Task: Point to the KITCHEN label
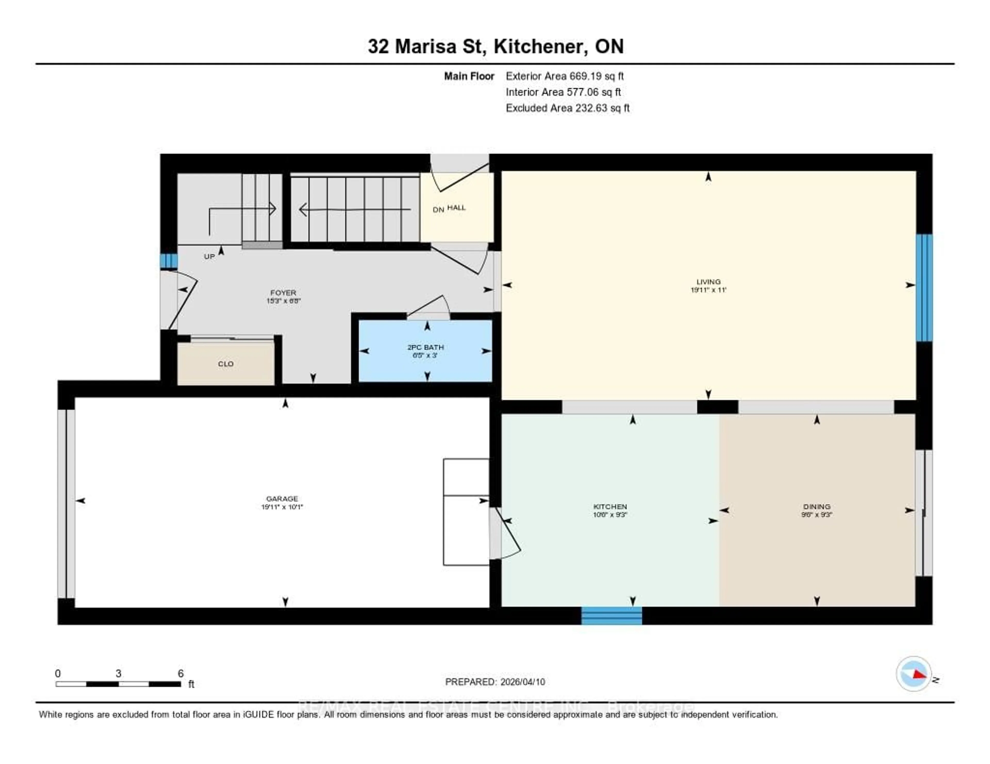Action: click(x=610, y=506)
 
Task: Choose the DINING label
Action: click(x=816, y=506)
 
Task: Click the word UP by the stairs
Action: click(x=209, y=256)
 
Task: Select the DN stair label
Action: click(x=438, y=210)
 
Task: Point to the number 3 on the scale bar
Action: click(x=118, y=673)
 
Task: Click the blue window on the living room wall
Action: click(x=924, y=287)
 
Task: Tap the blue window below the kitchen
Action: click(x=612, y=615)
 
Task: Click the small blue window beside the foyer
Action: click(x=169, y=261)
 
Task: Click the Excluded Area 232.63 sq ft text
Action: click(x=567, y=108)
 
